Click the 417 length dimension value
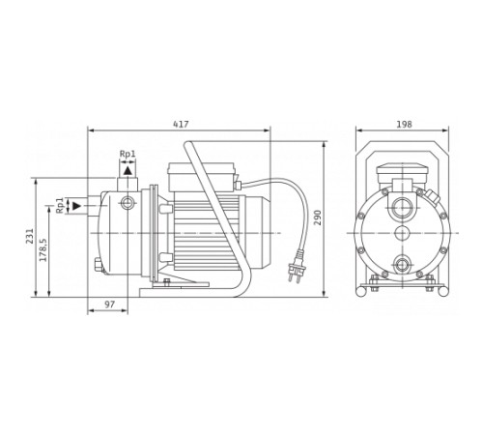[181, 124]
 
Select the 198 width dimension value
[404, 124]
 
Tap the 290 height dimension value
[318, 217]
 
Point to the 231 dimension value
[30, 236]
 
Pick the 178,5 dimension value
[43, 250]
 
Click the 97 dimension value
[110, 304]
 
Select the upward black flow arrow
[128, 170]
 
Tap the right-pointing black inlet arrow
[77, 206]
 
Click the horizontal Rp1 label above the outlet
[128, 154]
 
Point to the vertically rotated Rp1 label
[60, 206]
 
